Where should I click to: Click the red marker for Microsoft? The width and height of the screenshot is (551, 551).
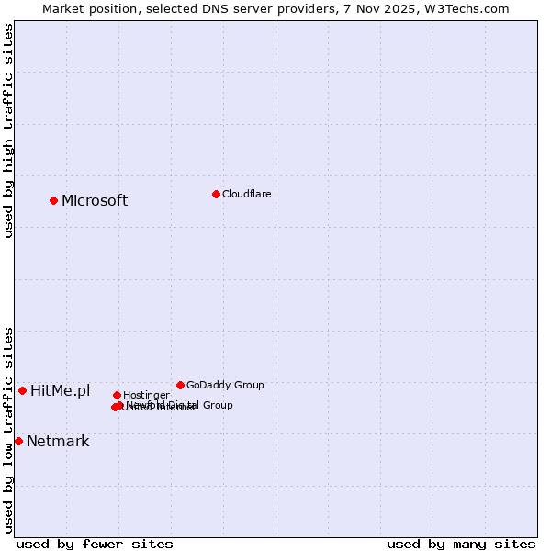pyautogui.click(x=53, y=200)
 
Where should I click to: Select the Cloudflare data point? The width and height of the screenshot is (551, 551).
pyautogui.click(x=216, y=194)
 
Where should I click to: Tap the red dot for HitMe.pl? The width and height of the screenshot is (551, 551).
pyautogui.click(x=22, y=390)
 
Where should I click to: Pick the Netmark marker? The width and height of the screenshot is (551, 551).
pyautogui.click(x=18, y=441)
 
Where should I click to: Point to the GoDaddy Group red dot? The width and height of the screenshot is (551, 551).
pyautogui.click(x=180, y=385)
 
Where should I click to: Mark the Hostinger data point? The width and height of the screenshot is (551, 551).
pyautogui.click(x=117, y=395)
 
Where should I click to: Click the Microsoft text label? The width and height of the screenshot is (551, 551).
pyautogui.click(x=94, y=200)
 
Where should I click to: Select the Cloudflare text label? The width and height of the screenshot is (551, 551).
pyautogui.click(x=246, y=194)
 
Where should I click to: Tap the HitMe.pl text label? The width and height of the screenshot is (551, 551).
pyautogui.click(x=60, y=390)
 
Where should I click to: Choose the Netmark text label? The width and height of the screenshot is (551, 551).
pyautogui.click(x=58, y=441)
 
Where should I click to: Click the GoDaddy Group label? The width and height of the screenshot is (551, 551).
pyautogui.click(x=225, y=385)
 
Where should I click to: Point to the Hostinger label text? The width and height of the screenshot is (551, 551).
pyautogui.click(x=146, y=395)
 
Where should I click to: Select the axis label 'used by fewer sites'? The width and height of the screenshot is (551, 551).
pyautogui.click(x=95, y=544)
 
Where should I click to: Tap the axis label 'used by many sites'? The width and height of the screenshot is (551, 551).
pyautogui.click(x=461, y=544)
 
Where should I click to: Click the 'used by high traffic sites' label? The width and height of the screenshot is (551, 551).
pyautogui.click(x=8, y=130)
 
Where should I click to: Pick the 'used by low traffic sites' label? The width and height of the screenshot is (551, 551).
pyautogui.click(x=8, y=429)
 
